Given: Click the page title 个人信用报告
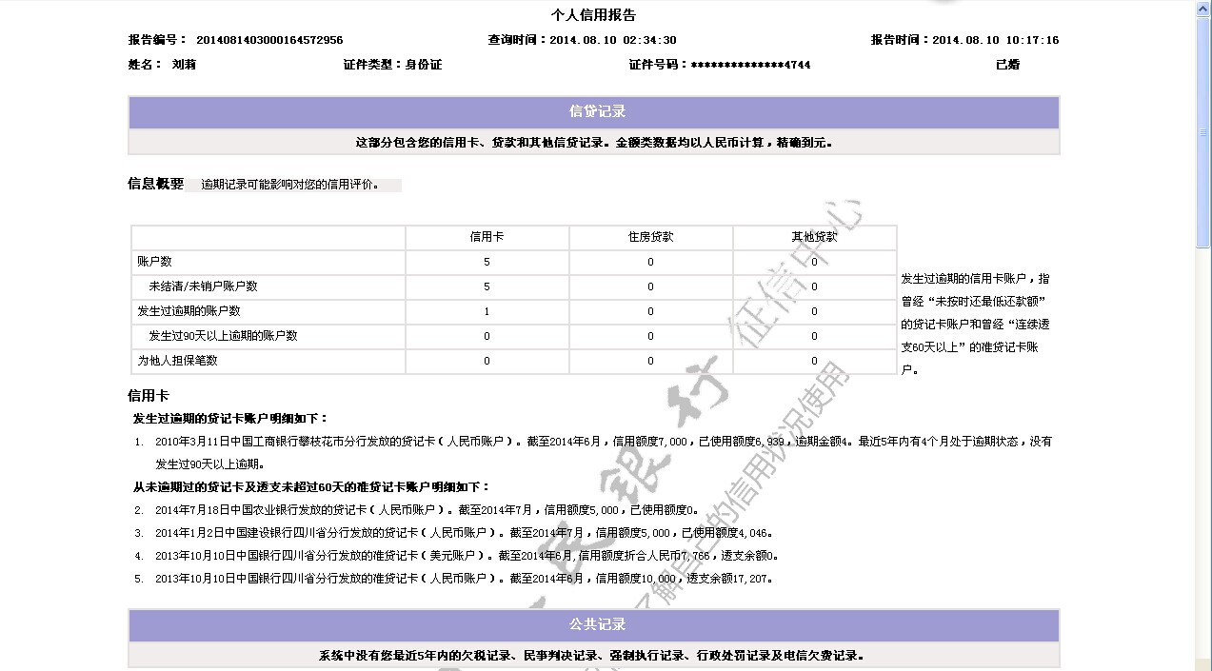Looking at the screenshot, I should pos(593,15).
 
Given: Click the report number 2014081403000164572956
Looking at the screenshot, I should pos(269,40).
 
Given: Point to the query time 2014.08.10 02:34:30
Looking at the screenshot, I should pos(613,40).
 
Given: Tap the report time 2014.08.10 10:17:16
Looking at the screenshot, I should pos(995,40).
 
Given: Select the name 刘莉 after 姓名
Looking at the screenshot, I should pos(184,65).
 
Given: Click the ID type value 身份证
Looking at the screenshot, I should pos(424,65).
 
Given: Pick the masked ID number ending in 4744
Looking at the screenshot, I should pos(750,65).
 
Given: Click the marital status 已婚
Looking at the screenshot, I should pos(1007,65).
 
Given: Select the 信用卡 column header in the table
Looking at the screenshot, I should pos(487,237).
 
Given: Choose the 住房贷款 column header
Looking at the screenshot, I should pos(650,237).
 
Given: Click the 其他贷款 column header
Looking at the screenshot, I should pos(814,237).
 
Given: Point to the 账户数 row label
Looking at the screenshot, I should pos(155,262).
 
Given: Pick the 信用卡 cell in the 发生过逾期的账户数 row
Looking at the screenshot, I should pos(487,311).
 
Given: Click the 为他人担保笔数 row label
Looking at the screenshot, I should pos(178,361).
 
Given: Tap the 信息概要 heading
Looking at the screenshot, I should pos(155,184).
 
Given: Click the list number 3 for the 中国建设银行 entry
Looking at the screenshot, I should pos(139,533).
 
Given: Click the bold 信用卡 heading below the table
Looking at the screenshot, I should pos(149,396).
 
